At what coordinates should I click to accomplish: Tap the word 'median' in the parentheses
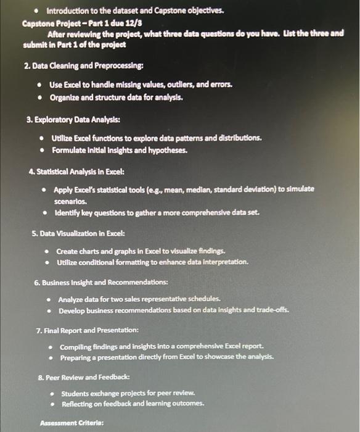pyautogui.click(x=215, y=189)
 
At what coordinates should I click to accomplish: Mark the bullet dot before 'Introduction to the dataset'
pyautogui.click(x=36, y=11)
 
